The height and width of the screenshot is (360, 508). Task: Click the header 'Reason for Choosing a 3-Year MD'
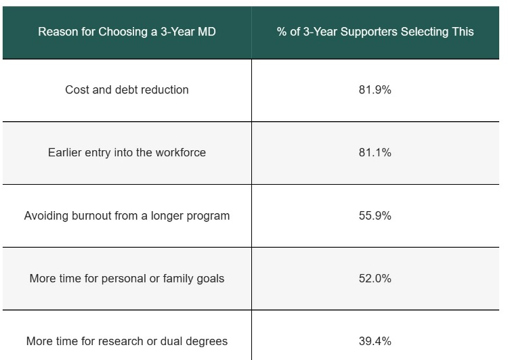[127, 32]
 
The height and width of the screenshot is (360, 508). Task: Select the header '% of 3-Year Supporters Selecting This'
[375, 32]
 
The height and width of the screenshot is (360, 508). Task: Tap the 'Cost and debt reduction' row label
[127, 89]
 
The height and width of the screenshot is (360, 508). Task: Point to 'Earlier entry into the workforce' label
[127, 152]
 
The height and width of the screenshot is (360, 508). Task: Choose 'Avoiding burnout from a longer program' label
[127, 216]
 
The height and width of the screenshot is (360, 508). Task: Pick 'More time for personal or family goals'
[127, 278]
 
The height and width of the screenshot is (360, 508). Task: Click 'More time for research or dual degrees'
[127, 341]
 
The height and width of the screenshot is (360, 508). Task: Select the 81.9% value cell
[375, 89]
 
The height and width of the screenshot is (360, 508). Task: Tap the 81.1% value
[375, 152]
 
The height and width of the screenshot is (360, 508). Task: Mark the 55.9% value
[375, 216]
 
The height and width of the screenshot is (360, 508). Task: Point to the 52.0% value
[375, 278]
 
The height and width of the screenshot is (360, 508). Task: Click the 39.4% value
[375, 341]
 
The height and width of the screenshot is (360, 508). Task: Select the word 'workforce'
[180, 152]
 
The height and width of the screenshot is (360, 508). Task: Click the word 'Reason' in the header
[57, 32]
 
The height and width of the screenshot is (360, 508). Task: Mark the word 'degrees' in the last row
[206, 341]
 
